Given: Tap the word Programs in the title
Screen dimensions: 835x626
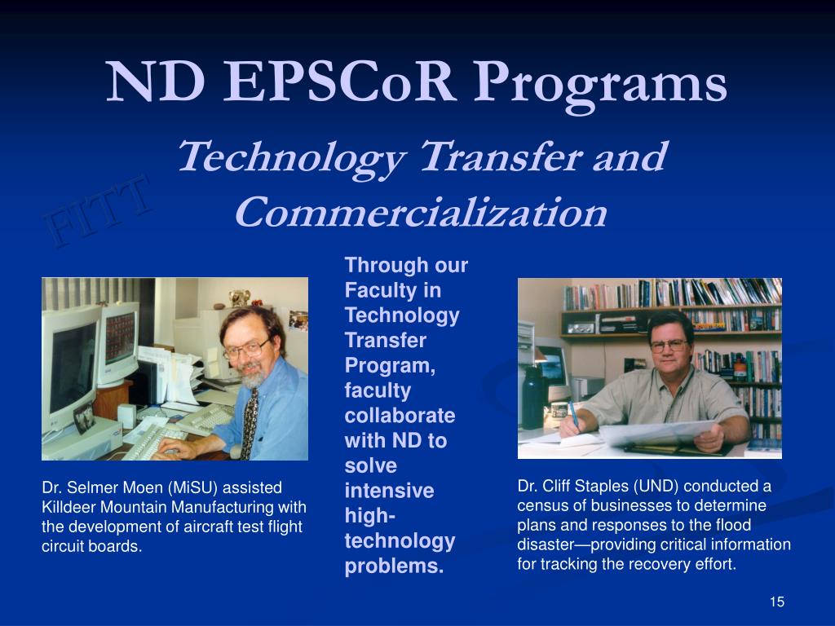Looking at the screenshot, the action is [x=600, y=85].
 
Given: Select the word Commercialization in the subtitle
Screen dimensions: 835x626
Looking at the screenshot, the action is [x=421, y=213].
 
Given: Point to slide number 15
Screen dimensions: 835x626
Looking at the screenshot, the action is [x=777, y=602].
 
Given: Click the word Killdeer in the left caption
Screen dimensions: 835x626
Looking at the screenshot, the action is [x=68, y=507].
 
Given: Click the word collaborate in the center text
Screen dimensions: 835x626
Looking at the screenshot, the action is [x=400, y=416].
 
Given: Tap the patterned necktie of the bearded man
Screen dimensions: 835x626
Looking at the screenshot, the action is [x=249, y=423].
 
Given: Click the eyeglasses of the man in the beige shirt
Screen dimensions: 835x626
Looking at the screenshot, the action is [x=669, y=346].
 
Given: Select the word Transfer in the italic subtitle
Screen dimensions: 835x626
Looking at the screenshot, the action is [x=501, y=156].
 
